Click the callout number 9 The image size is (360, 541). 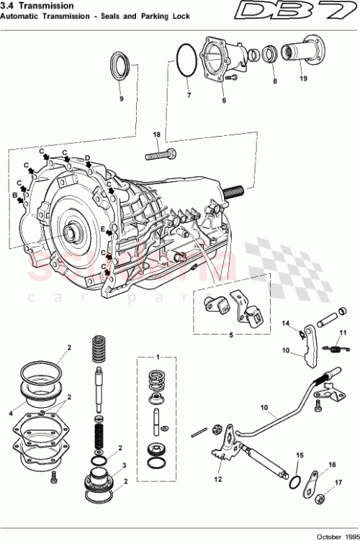pyautogui.click(x=121, y=99)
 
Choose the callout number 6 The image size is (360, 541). pyautogui.click(x=224, y=101)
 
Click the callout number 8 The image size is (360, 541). pyautogui.click(x=274, y=82)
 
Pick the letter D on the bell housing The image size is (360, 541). pyautogui.click(x=87, y=158)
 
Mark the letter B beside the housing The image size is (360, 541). pyautogui.click(x=14, y=195)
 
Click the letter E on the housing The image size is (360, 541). pyautogui.click(x=104, y=229)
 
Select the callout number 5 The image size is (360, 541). pyautogui.click(x=230, y=335)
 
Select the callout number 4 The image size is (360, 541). pyautogui.click(x=11, y=414)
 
